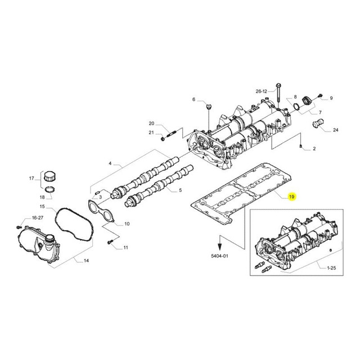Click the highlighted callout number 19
click(291, 197)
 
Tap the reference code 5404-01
click(220, 255)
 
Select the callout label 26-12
click(262, 91)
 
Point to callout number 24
click(336, 130)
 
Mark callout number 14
click(87, 261)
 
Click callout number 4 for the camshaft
click(111, 164)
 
